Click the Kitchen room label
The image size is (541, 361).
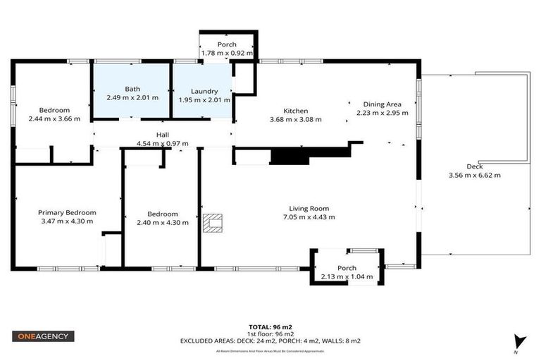[x=296, y=111]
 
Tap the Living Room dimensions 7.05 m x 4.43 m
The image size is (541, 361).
[x=309, y=217]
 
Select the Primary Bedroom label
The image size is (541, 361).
[x=67, y=212]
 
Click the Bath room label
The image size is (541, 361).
[x=132, y=89]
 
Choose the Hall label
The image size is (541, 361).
[x=163, y=135]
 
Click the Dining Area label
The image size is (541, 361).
[x=383, y=103]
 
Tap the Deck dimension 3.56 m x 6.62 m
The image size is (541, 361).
[x=474, y=176]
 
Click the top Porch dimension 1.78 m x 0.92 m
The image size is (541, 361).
[x=226, y=53]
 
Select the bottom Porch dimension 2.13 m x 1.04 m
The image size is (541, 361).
[x=347, y=277]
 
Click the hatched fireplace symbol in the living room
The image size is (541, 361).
[x=213, y=224]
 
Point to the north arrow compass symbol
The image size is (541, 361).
[x=520, y=342]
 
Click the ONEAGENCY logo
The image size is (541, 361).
[x=43, y=336]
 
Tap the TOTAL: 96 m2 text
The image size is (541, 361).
[x=270, y=327]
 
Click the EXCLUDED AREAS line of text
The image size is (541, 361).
[x=270, y=341]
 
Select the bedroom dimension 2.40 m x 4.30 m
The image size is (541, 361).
[x=163, y=223]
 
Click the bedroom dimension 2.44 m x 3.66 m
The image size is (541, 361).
[x=54, y=118]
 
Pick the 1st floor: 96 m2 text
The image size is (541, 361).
[x=270, y=334]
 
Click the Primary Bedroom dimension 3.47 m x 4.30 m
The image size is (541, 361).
[x=67, y=221]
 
